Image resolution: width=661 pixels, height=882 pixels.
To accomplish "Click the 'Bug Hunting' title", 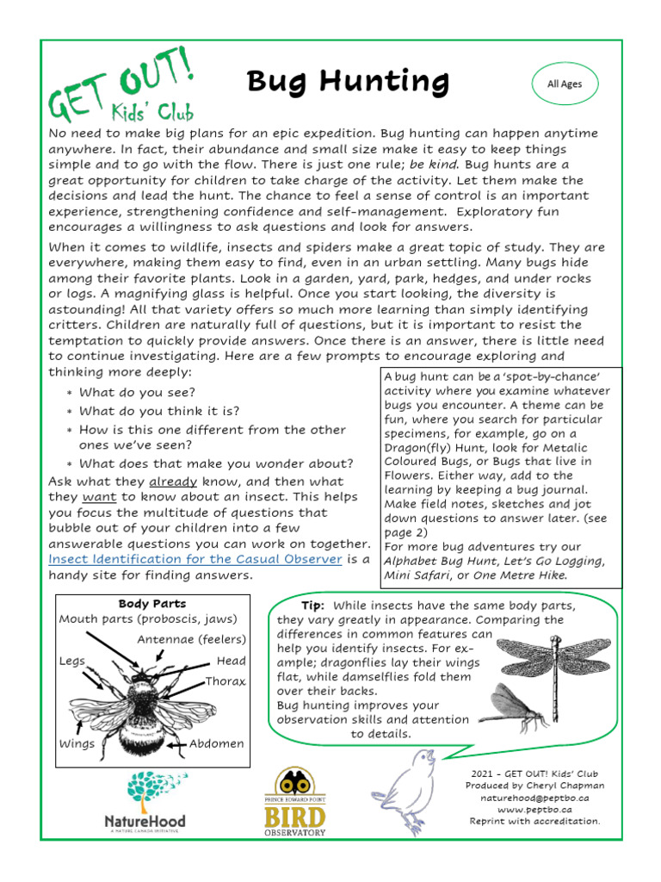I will pyautogui.click(x=348, y=82).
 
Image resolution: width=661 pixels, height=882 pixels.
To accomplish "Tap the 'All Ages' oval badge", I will pyautogui.click(x=565, y=84).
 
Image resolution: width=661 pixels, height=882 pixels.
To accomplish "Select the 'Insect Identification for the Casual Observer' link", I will pyautogui.click(x=195, y=559).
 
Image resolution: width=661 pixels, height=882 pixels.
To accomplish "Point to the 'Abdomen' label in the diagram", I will pyautogui.click(x=217, y=743).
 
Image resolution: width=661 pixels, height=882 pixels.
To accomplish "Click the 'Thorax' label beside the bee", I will pyautogui.click(x=225, y=681).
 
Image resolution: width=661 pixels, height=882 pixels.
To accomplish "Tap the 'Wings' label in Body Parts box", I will pyautogui.click(x=77, y=743).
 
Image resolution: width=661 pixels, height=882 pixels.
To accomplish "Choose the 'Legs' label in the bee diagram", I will pyautogui.click(x=73, y=661).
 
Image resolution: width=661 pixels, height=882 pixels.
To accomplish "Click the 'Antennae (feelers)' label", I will pyautogui.click(x=191, y=639).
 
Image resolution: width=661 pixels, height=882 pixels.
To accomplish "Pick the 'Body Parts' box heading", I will pyautogui.click(x=152, y=604).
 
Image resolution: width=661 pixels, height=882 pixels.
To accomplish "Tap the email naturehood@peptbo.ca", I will pyautogui.click(x=534, y=798).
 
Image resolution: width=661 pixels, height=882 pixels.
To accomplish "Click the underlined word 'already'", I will pyautogui.click(x=173, y=481).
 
